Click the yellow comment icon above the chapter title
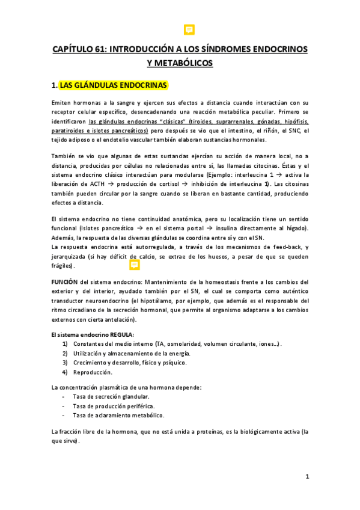click(x=188, y=29)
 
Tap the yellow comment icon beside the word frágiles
click(x=135, y=265)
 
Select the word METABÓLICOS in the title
click(x=180, y=63)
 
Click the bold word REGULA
click(x=120, y=334)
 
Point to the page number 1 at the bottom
click(x=307, y=477)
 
